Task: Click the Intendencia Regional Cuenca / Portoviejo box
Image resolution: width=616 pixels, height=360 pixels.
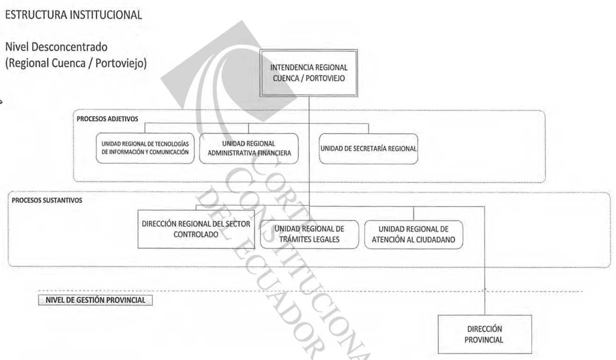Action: pos(309,73)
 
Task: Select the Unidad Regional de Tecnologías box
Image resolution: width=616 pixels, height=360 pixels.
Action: pos(145,148)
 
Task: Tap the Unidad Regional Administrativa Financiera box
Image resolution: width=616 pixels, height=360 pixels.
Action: pos(249,148)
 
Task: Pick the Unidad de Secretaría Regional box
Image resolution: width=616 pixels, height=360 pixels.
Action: pos(369,149)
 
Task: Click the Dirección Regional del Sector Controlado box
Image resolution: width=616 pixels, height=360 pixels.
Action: pos(196,229)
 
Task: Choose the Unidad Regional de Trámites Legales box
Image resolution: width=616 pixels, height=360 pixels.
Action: pos(309,234)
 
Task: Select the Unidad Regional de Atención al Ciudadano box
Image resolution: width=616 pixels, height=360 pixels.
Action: pos(413,234)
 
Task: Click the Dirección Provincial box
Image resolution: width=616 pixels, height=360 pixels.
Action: pos(485,334)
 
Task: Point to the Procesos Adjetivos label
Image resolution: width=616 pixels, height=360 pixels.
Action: pos(107,119)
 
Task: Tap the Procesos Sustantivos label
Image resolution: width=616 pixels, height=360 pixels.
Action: pos(47,200)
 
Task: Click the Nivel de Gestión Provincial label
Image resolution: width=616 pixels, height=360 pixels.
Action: pos(95,300)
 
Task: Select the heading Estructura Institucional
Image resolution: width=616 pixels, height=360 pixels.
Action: pos(74,15)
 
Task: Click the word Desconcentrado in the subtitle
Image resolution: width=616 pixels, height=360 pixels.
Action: pos(70,47)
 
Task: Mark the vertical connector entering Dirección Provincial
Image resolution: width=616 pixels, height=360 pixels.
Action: pos(485,261)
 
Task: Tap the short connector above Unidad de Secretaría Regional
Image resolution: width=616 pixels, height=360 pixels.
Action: pos(369,129)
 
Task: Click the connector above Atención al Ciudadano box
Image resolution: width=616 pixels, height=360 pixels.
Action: pos(413,213)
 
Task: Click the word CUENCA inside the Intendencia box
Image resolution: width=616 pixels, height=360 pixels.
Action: pos(286,79)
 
